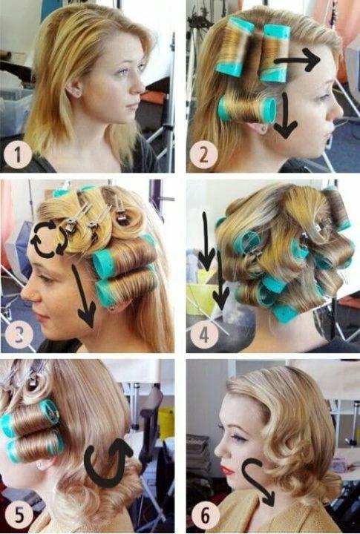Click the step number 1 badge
[18, 154]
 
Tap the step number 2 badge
[203, 154]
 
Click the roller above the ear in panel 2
[247, 110]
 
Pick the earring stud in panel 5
[42, 464]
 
